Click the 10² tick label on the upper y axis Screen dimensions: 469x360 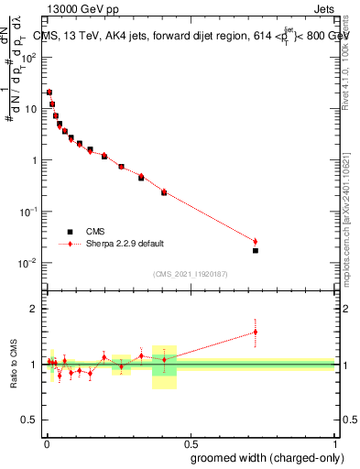tap(30, 57)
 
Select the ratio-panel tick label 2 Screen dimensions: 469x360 tap(34, 309)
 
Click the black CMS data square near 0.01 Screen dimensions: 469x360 tap(49, 93)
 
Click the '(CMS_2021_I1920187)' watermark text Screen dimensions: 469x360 tap(190, 273)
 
